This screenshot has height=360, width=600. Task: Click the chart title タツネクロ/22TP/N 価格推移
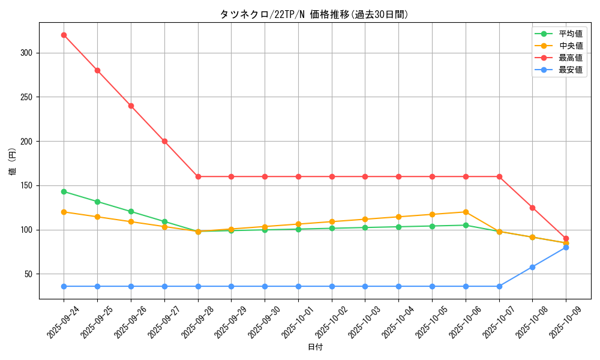tap(314, 14)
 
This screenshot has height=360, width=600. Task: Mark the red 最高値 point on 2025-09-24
tap(64, 35)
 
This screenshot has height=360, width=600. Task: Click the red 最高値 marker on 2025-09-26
tap(131, 106)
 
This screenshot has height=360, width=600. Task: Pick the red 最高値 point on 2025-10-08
tap(532, 208)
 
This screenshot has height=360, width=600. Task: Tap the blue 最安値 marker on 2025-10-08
tap(532, 267)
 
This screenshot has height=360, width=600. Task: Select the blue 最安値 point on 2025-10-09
tap(566, 247)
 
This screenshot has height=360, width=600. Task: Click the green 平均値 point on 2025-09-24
tap(64, 191)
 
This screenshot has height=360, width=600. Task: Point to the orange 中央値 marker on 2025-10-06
tap(466, 212)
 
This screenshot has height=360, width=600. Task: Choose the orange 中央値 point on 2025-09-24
tap(64, 212)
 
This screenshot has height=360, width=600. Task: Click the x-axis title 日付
tap(315, 347)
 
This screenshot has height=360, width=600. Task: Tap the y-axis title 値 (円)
tap(13, 161)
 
